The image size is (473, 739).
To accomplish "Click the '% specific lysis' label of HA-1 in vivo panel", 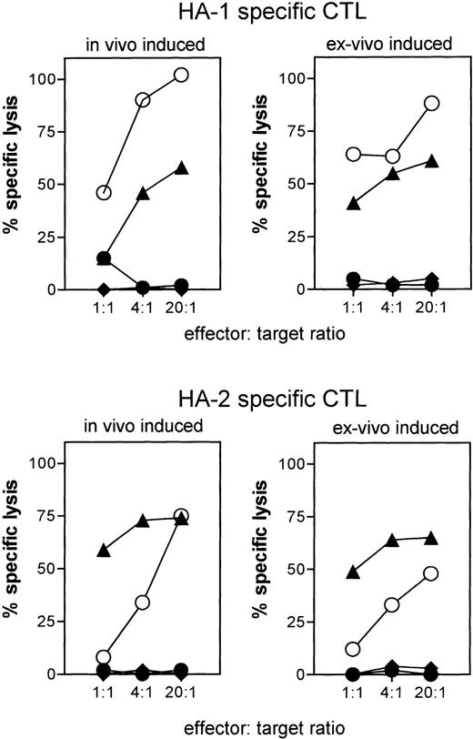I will [13, 181].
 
